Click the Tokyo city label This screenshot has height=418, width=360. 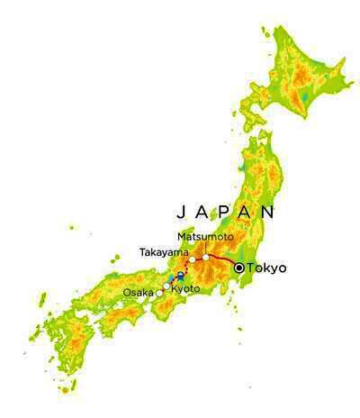click(x=267, y=268)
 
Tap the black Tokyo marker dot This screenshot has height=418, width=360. click(x=238, y=268)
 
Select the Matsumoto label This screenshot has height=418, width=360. click(x=204, y=236)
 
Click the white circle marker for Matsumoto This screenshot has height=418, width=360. click(x=206, y=258)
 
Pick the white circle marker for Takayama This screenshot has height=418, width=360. click(x=192, y=259)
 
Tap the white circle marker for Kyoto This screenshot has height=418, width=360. click(x=166, y=286)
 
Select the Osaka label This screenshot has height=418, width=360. click(x=138, y=294)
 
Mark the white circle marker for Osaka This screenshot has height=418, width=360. click(x=159, y=294)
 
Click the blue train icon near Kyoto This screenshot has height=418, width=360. click(x=180, y=276)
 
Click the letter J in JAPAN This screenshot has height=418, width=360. click(x=180, y=214)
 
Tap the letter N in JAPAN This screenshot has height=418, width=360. click(x=267, y=214)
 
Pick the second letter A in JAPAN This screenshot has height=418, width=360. click(x=246, y=214)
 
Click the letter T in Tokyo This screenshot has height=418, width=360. click(x=250, y=268)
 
